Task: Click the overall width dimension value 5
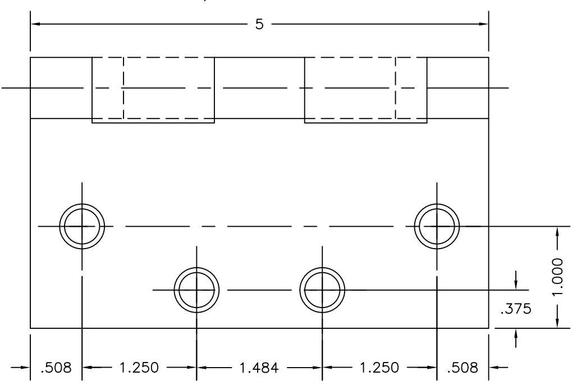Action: pyautogui.click(x=259, y=25)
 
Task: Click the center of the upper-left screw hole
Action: pyautogui.click(x=82, y=226)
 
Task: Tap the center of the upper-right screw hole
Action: pyautogui.click(x=437, y=226)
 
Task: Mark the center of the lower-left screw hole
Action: pyautogui.click(x=196, y=290)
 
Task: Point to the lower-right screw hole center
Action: pyautogui.click(x=322, y=290)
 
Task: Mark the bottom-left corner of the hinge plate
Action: pyautogui.click(x=30, y=328)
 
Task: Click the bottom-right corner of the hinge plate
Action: pyautogui.click(x=488, y=328)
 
